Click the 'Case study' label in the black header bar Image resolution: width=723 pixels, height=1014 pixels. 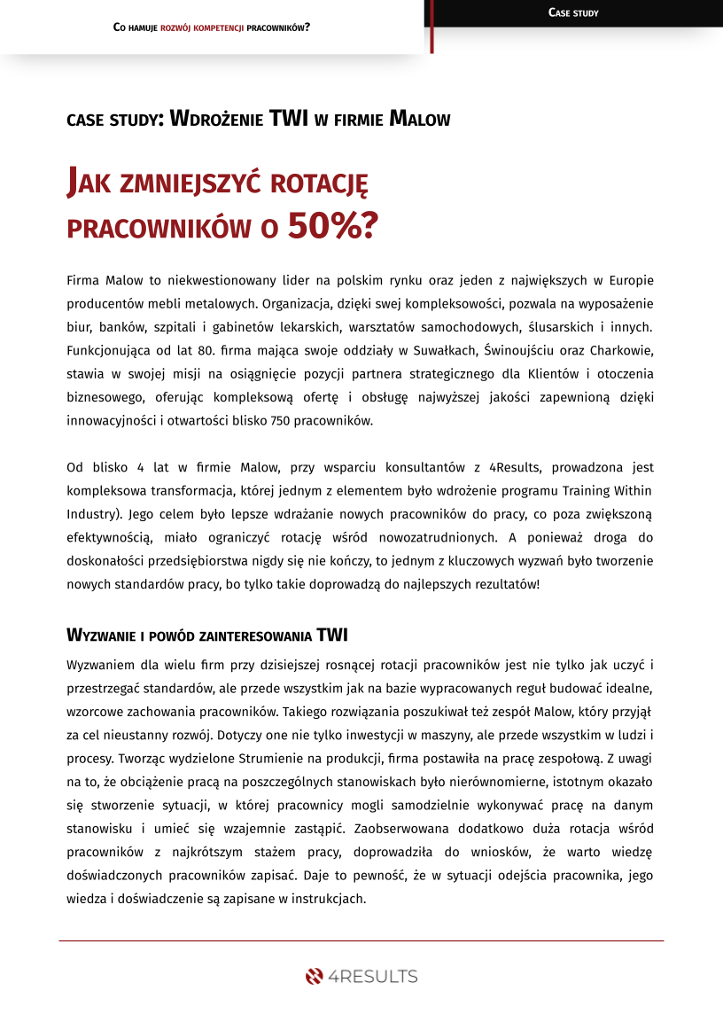pos(573,12)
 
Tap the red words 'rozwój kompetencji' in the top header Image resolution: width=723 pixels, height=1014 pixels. pos(202,27)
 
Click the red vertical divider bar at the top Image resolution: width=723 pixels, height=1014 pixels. pos(431,27)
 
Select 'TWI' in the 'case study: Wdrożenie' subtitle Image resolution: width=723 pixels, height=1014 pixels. pos(289,119)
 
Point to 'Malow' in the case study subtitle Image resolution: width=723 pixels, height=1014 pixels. pos(420,119)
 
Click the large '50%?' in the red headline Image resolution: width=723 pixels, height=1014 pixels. pos(332,227)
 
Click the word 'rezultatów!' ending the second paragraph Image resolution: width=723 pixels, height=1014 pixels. pos(506,582)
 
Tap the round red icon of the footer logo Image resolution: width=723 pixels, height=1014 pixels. pos(314,977)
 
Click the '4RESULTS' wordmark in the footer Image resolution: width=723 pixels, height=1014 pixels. pos(373,977)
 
